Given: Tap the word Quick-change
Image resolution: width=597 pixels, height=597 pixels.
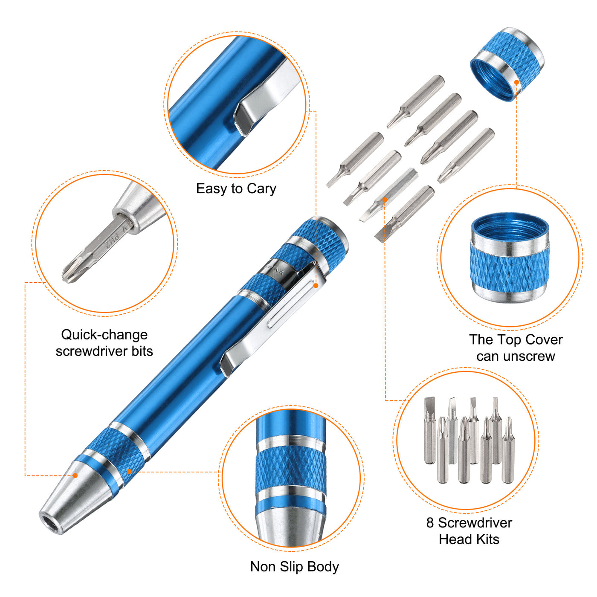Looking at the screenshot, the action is point(104,335).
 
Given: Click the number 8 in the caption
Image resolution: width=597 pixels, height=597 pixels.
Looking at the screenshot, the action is point(430,523).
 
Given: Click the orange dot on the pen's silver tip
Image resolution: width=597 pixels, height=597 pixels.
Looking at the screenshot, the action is point(75,475).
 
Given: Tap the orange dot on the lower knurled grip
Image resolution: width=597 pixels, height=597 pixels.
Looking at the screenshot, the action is point(130,472).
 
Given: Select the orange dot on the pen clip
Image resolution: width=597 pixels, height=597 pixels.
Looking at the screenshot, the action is point(316,285).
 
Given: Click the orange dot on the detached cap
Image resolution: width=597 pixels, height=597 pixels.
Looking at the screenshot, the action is point(516,82).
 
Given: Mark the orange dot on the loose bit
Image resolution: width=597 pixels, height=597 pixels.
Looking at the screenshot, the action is point(385,200).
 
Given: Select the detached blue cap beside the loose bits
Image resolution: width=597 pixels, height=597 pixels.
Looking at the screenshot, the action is point(507,64).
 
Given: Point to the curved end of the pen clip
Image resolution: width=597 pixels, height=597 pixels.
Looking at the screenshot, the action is point(228,363).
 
